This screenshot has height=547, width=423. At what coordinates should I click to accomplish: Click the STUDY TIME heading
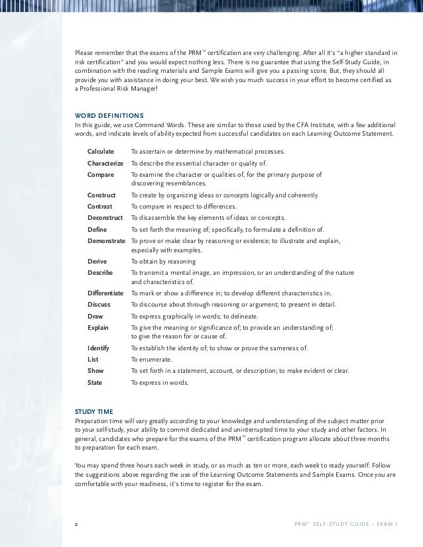tap(94, 411)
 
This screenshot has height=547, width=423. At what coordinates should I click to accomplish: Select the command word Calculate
tap(101, 152)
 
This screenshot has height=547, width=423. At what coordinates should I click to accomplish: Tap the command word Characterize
tap(105, 163)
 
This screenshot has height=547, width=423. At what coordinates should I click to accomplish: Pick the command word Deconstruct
tap(105, 218)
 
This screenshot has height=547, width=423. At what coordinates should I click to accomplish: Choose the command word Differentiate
tap(105, 293)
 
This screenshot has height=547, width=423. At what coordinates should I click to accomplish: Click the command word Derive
tap(97, 261)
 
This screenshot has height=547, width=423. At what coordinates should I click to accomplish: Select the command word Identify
tap(98, 348)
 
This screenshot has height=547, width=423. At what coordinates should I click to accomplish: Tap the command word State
tap(95, 382)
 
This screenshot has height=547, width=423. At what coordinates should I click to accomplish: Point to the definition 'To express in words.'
tap(160, 382)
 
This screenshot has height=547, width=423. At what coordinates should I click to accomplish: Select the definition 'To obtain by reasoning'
tap(163, 261)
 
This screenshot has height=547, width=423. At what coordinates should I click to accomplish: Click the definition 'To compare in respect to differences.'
tap(184, 207)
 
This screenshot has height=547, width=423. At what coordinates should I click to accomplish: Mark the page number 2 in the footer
tap(76, 523)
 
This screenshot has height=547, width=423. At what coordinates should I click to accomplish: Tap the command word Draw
tap(95, 316)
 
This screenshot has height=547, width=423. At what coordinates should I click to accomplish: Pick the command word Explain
tap(97, 327)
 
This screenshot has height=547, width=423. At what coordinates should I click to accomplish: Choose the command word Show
tap(95, 371)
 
